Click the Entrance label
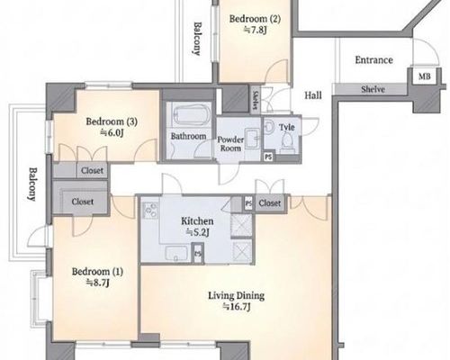tap(373, 60)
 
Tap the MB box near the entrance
tap(424, 76)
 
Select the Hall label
tap(313, 95)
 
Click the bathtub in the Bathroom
tap(189, 115)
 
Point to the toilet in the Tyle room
tap(287, 140)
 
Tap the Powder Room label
tap(230, 144)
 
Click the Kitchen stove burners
tap(150, 210)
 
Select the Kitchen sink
tap(176, 254)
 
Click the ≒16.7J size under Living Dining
tap(236, 307)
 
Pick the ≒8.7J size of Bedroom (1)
tap(97, 283)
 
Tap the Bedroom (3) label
tap(112, 121)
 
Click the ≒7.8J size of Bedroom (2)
tap(255, 30)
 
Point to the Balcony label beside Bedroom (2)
tap(197, 39)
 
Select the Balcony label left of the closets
tap(32, 184)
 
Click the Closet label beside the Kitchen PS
tap(270, 203)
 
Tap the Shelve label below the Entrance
tap(373, 89)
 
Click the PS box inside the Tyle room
tap(268, 157)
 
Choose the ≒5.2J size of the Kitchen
tap(197, 232)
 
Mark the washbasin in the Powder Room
tap(253, 139)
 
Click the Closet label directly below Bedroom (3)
tap(92, 171)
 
